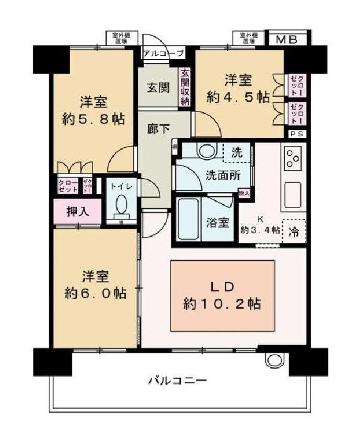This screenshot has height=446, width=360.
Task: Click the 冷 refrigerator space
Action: [293, 232]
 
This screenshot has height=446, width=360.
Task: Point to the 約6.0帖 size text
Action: [95, 293]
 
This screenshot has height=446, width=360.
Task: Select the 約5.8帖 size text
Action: [93, 119]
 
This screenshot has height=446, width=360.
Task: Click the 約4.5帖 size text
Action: [238, 97]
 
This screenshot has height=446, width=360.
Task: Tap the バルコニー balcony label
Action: [177, 380]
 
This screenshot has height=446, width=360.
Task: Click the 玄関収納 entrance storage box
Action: [185, 88]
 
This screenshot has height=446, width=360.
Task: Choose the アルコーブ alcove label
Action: [164, 53]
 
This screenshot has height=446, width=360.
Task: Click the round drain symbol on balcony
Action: [273, 360]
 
